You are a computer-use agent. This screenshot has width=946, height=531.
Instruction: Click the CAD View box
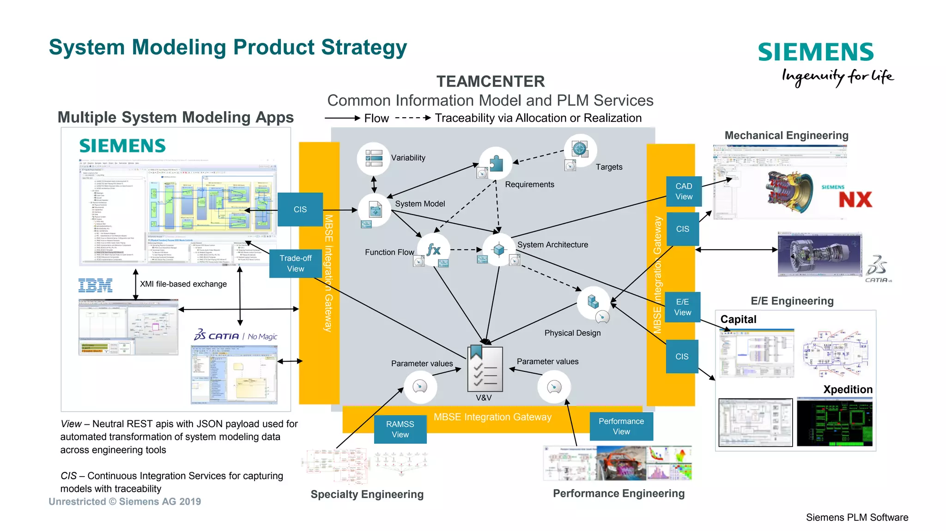coord(684,191)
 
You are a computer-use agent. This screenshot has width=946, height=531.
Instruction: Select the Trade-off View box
coord(296,263)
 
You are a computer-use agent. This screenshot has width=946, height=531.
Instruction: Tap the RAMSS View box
coord(400,429)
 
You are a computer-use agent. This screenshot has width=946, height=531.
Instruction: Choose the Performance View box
coord(621,426)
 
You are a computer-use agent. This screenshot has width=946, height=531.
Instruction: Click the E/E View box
coord(683,307)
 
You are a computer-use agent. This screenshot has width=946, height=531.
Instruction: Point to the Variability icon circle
coord(374,158)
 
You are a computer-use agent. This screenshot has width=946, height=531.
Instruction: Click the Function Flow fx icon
coord(433,250)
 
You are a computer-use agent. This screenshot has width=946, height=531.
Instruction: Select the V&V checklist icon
coord(485,369)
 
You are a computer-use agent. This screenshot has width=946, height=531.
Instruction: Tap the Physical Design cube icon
coord(593,302)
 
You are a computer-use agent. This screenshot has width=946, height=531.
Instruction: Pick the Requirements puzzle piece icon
coord(496,163)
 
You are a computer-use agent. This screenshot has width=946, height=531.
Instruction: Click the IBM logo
coord(96,286)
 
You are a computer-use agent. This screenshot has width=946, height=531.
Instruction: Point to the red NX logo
coord(855,200)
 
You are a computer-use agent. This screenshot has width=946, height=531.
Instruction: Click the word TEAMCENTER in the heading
coord(491,82)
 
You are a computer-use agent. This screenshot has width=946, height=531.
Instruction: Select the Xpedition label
coord(848,389)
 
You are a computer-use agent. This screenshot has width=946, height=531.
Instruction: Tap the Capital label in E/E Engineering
coord(738,319)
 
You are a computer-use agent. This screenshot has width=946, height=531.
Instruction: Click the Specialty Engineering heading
coord(367,494)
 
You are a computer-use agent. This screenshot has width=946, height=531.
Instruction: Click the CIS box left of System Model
coord(300,209)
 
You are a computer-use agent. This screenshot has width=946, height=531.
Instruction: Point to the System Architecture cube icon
coord(498,250)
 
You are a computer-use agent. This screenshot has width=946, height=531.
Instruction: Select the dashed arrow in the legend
coord(413,118)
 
